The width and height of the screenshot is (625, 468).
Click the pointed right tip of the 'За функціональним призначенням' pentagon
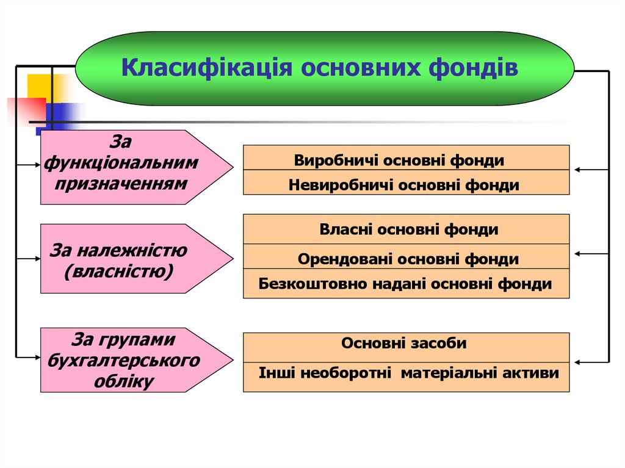(233, 167)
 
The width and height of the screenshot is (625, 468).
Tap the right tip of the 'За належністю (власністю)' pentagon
(233, 258)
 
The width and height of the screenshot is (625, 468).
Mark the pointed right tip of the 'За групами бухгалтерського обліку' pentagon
(233, 359)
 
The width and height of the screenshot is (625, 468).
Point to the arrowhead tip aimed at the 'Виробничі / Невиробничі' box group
(575, 170)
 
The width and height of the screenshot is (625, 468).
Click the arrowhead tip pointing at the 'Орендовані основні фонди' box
(575, 254)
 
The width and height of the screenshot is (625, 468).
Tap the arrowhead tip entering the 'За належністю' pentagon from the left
(40, 259)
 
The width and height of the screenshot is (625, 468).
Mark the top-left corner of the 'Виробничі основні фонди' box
(243, 145)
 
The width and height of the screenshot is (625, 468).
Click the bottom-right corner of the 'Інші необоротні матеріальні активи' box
(569, 392)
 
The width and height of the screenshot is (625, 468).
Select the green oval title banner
(325, 68)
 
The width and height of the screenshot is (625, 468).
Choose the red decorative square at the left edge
(26, 112)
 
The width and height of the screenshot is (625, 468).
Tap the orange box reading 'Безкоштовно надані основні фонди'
(406, 284)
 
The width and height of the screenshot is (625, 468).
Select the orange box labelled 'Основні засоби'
(406, 348)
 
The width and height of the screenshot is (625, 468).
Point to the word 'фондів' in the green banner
(473, 67)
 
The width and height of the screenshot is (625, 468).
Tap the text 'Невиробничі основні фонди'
(404, 185)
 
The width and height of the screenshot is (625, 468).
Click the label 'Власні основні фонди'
(409, 229)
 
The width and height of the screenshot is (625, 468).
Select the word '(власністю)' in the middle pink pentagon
(119, 272)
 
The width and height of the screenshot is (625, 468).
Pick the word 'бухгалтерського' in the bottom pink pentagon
(123, 361)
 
